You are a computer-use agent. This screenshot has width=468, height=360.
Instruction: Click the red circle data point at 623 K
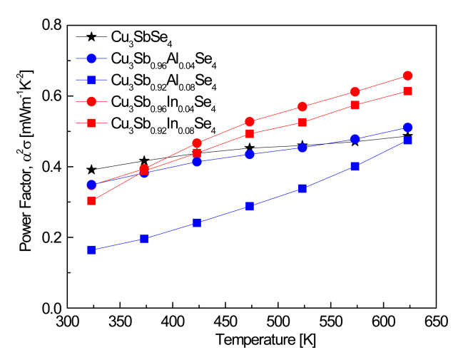(408, 76)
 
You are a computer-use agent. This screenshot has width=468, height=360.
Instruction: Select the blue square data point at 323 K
(91, 250)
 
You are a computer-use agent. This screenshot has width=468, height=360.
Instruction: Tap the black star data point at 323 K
(91, 170)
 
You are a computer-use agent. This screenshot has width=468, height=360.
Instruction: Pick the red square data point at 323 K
(91, 200)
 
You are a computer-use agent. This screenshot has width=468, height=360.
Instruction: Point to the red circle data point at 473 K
(250, 122)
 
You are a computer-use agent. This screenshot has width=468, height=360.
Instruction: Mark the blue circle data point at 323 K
(91, 185)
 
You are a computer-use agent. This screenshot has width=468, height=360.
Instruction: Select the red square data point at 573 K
(355, 105)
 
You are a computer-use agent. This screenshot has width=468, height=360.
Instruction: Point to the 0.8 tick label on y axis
(52, 26)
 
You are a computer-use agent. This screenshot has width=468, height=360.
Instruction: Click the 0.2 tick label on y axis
(52, 237)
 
